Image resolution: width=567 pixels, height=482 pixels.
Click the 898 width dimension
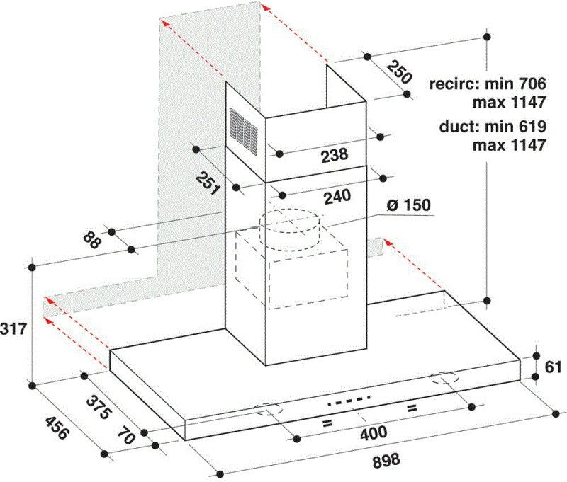tap(386, 460)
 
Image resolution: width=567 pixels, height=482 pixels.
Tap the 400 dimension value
tap(374, 432)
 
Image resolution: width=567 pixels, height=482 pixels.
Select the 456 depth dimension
tap(56, 428)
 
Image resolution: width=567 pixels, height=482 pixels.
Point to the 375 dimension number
tap(98, 407)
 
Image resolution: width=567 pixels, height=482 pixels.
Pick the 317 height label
tap(13, 328)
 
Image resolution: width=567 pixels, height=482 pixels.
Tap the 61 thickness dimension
tap(554, 367)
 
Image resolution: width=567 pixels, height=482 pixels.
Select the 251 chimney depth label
tap(208, 183)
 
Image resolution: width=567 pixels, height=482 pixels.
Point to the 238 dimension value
tap(335, 154)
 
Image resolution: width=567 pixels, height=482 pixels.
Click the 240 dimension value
tap(337, 197)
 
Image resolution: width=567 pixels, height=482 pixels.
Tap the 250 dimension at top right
tap(399, 73)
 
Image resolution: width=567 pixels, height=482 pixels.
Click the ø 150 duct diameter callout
tap(409, 205)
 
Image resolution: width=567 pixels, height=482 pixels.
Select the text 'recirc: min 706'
tap(487, 84)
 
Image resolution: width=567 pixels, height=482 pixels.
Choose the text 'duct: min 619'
tap(492, 127)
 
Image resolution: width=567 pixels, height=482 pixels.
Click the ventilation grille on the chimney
tap(244, 131)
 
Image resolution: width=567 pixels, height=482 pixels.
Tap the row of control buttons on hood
tap(349, 401)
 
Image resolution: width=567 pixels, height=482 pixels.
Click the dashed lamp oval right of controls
tap(444, 379)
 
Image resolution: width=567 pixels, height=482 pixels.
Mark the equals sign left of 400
tap(327, 423)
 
